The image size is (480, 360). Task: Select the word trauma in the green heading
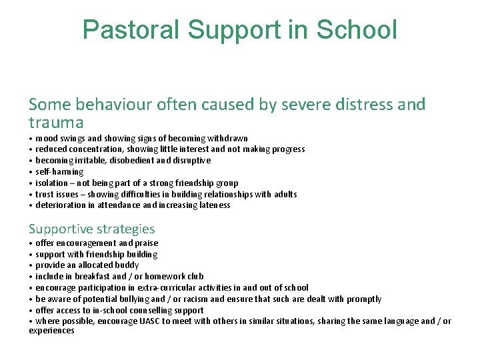pos(56,123)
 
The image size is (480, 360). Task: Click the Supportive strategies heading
pos(91,229)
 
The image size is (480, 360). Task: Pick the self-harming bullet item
pos(59,172)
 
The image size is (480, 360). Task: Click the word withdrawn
pos(227,139)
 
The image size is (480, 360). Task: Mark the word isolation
pos(51,183)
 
